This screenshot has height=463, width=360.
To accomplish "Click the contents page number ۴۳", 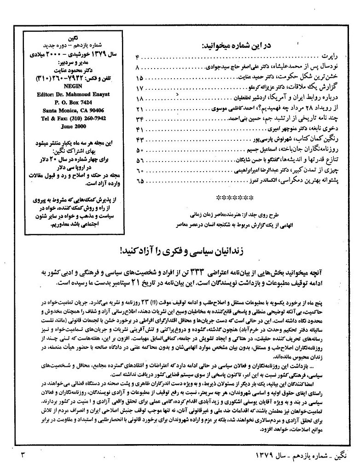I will pyautogui.click(x=140, y=140).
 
